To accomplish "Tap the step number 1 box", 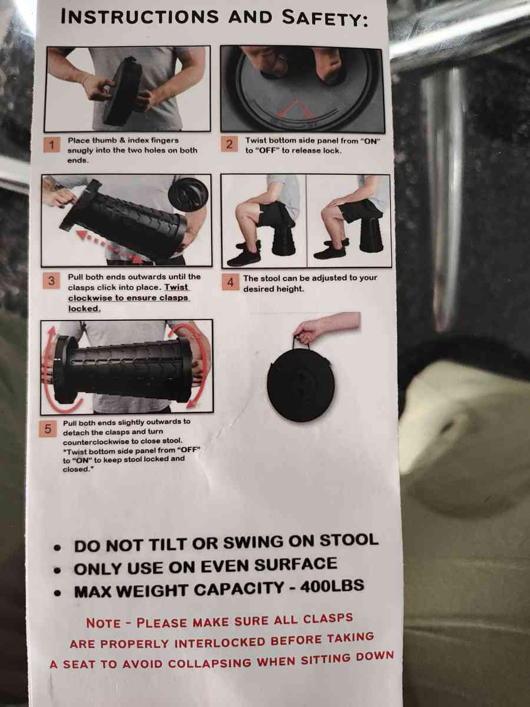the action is click(x=51, y=146).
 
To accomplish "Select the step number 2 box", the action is click(x=230, y=144).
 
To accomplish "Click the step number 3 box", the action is click(x=51, y=281).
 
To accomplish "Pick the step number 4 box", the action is click(x=230, y=282).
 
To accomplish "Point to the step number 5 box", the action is click(x=48, y=429).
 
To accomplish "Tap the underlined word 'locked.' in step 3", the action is click(x=84, y=308).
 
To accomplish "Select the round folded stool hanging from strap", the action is click(x=301, y=385).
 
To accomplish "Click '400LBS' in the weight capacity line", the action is click(x=332, y=586).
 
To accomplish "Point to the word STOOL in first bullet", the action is click(x=349, y=540).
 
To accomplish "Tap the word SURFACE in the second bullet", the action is click(x=296, y=564).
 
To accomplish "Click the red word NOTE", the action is click(x=103, y=623).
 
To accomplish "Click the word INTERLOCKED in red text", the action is click(x=220, y=643).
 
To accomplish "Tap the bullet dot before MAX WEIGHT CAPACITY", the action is click(x=58, y=593).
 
